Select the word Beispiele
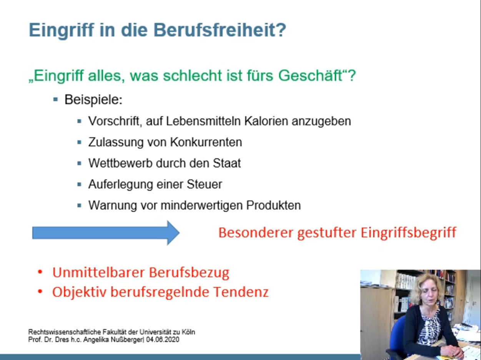pyautogui.click(x=93, y=100)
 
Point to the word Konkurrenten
pyautogui.click(x=206, y=142)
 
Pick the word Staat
pyautogui.click(x=227, y=163)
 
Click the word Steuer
pyautogui.click(x=204, y=184)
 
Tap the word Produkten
pyautogui.click(x=273, y=205)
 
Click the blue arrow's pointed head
pyautogui.click(x=179, y=233)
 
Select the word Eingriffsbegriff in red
pyautogui.click(x=408, y=233)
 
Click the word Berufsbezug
pyautogui.click(x=189, y=273)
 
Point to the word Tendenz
pyautogui.click(x=241, y=292)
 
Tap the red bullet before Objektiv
pyautogui.click(x=40, y=292)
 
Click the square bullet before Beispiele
pyautogui.click(x=56, y=100)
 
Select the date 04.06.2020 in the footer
pyautogui.click(x=163, y=340)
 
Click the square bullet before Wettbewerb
pyautogui.click(x=79, y=163)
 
